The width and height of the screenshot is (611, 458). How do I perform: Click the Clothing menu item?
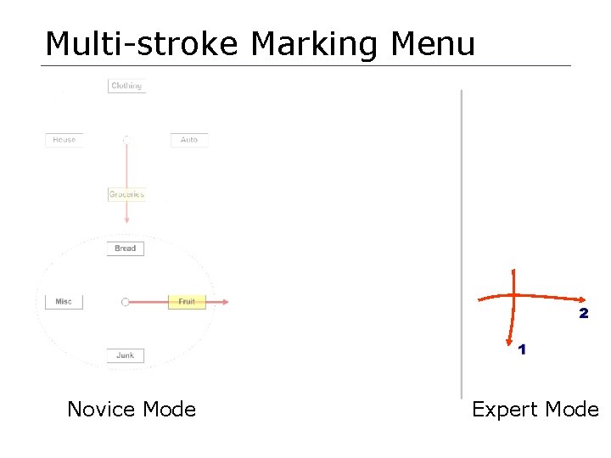coord(126,86)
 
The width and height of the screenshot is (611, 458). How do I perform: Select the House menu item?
coord(64,140)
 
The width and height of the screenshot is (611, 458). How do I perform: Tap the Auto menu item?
coord(189,140)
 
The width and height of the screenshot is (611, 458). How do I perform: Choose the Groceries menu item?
coord(126,194)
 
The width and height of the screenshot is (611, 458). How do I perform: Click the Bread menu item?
coord(126,249)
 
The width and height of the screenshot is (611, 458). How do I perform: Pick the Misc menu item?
coord(64,302)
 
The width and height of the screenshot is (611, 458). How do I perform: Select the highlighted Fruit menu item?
coord(187,302)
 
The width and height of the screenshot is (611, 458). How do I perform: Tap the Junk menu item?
coord(126,355)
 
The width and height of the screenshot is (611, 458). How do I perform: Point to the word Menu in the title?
coord(432,44)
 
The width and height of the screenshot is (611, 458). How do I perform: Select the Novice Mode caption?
coord(132,410)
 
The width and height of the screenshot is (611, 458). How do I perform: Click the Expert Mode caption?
coord(535,410)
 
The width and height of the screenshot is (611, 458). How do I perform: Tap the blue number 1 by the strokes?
coord(521,349)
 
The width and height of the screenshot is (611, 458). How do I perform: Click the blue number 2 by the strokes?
coord(583,314)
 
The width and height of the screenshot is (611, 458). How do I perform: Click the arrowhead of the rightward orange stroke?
coord(583,300)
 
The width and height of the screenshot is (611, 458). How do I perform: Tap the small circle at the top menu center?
coord(126,140)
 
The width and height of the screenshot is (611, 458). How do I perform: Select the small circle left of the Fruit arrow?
coord(126,302)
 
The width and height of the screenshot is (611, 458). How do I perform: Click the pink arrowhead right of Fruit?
coord(225,302)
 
